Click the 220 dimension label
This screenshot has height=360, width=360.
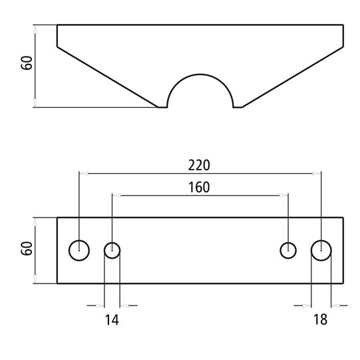click(x=200, y=164)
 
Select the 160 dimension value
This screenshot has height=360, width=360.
click(x=198, y=187)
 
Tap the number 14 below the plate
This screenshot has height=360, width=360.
click(x=112, y=320)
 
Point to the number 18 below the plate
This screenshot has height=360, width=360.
click(x=320, y=320)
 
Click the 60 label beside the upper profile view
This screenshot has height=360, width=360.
click(x=27, y=65)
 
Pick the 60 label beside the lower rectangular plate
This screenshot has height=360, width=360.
click(x=27, y=250)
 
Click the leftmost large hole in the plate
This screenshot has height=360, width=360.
click(x=79, y=250)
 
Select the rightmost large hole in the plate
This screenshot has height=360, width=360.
click(x=321, y=250)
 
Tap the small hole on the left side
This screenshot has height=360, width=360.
click(x=112, y=250)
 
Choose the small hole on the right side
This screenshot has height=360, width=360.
click(x=287, y=250)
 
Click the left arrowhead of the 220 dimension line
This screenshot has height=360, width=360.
click(x=83, y=172)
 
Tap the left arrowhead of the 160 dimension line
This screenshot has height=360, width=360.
click(x=116, y=196)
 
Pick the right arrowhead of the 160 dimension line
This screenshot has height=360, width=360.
click(x=284, y=196)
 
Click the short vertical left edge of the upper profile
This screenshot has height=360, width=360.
click(x=57, y=36)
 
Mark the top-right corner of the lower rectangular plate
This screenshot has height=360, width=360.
click(x=343, y=218)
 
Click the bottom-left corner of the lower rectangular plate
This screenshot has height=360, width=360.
click(x=57, y=283)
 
